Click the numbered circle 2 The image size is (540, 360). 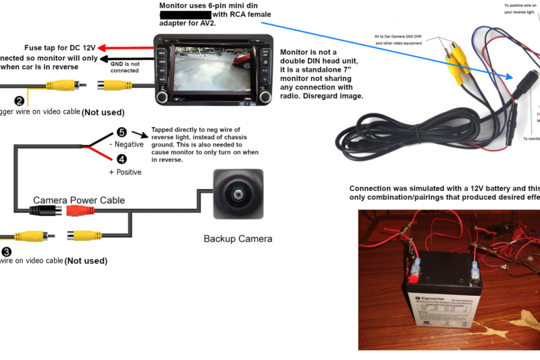click(x=20, y=101)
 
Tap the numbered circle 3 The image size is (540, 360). click(x=6, y=251)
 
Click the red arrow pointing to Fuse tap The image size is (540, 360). click(x=126, y=49)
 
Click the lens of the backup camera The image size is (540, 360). click(x=238, y=194)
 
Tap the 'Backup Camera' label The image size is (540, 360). click(x=238, y=238)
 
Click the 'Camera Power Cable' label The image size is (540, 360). click(x=79, y=200)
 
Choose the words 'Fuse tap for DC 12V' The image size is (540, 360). click(x=60, y=48)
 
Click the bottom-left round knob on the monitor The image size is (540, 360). click(x=161, y=97)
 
